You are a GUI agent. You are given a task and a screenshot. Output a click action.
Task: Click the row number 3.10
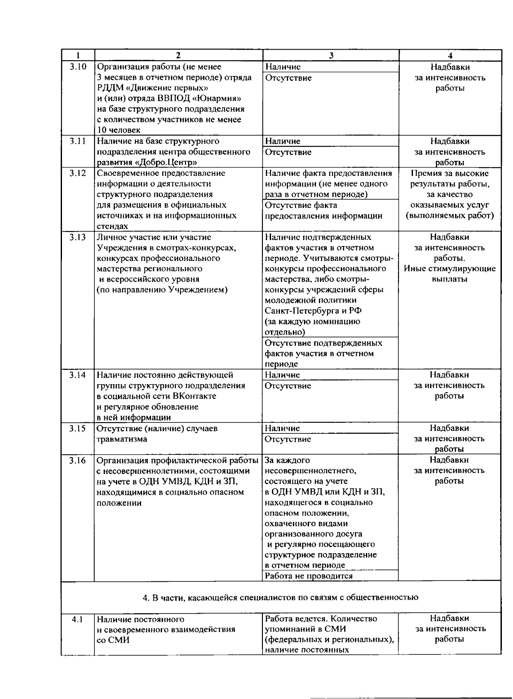pyautogui.click(x=78, y=67)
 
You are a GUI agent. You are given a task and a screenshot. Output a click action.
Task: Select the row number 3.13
pyautogui.click(x=78, y=237)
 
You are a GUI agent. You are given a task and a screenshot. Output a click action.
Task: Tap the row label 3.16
pyautogui.click(x=78, y=461)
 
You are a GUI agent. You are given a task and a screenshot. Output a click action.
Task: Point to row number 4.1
pyautogui.click(x=78, y=619)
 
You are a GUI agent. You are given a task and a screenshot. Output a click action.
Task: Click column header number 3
pyautogui.click(x=330, y=55)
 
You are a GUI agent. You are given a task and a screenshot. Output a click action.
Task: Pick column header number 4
pyautogui.click(x=450, y=55)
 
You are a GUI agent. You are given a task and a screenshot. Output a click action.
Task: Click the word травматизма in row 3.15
pyautogui.click(x=122, y=439)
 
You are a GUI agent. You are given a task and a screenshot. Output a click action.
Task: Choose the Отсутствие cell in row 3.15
pyautogui.click(x=288, y=439)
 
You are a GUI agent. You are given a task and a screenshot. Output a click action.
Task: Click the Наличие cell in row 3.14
pyautogui.click(x=283, y=375)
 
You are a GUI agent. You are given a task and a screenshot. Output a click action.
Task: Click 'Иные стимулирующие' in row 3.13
pyautogui.click(x=450, y=269)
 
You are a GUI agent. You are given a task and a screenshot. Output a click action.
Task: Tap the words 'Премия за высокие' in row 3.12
pyautogui.click(x=450, y=174)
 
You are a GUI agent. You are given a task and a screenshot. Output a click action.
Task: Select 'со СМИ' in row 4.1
pyautogui.click(x=113, y=640)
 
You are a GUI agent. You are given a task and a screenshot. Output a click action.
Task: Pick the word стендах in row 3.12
pyautogui.click(x=112, y=226)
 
